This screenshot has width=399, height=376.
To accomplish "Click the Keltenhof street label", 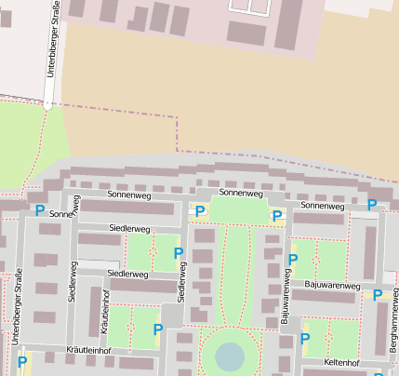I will pos(341,362).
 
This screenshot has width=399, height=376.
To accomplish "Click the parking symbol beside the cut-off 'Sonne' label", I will pos(40,211).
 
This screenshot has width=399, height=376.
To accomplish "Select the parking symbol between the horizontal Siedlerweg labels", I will pos(179,253).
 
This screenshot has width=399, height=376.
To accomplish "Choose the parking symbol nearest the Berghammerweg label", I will pos(378,295).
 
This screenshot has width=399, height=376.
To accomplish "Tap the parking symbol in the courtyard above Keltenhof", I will pos(303,339).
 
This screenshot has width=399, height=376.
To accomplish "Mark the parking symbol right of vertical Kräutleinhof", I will pos(157,329).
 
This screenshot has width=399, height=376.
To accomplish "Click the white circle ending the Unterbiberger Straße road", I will pos(48,106).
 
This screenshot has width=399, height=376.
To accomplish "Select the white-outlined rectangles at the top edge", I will pos(249,7).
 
